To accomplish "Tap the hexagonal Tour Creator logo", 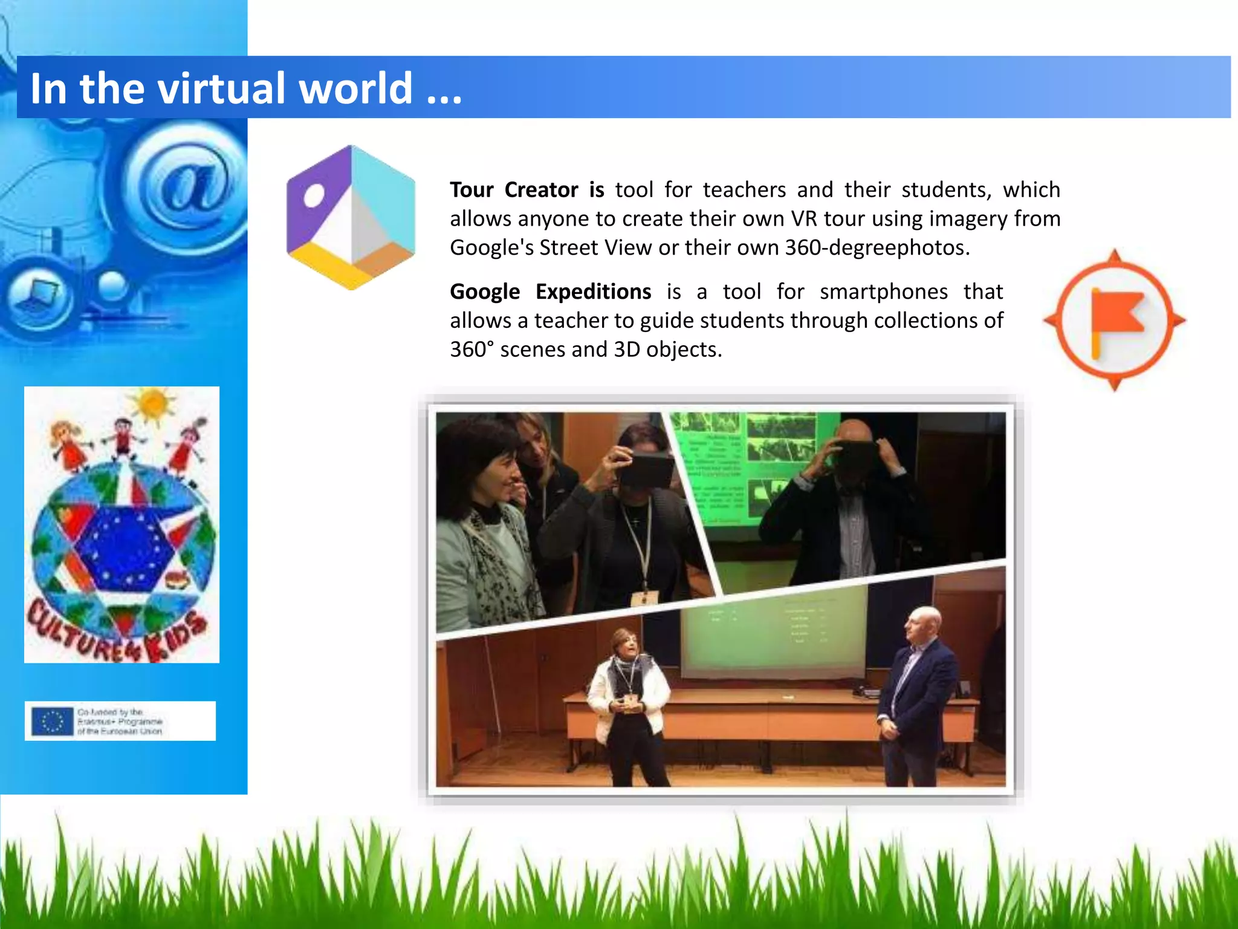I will pos(351,217).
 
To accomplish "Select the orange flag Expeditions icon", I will pos(1115,320).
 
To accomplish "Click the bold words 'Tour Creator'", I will pos(514,190).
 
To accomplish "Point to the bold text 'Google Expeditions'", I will pos(550,292).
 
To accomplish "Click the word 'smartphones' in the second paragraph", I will pos(883,292).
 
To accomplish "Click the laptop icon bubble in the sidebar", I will pos(39,296).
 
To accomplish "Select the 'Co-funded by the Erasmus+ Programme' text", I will pos(120,721).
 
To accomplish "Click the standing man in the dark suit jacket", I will pos(916,696).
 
